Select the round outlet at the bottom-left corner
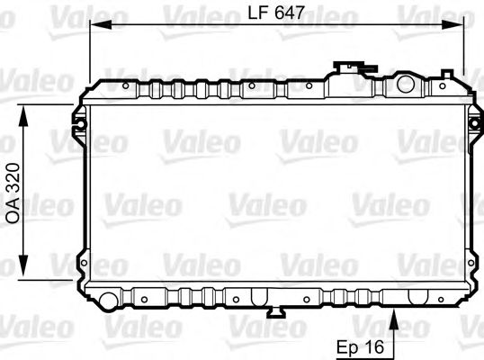pos(108,299)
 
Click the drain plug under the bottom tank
pos(277,312)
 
